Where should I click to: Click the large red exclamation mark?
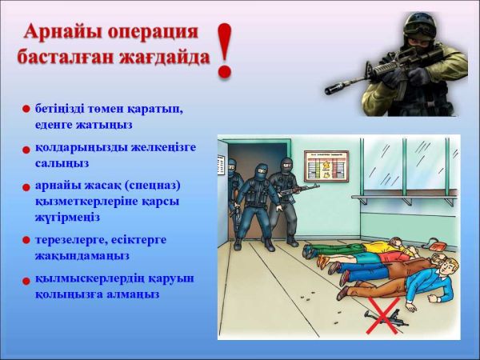(x=226, y=50)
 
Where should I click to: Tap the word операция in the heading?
(x=154, y=32)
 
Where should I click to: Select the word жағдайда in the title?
(x=166, y=57)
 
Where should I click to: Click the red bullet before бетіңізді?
(x=26, y=110)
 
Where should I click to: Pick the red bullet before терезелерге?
(x=26, y=240)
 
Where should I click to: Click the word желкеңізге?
(x=163, y=148)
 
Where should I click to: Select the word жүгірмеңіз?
(x=67, y=218)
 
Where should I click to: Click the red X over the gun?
(x=383, y=315)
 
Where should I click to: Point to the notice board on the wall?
(x=326, y=166)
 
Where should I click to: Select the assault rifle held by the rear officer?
(x=298, y=190)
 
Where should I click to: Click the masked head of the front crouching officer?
(x=261, y=172)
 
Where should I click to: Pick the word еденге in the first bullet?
(x=52, y=126)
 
